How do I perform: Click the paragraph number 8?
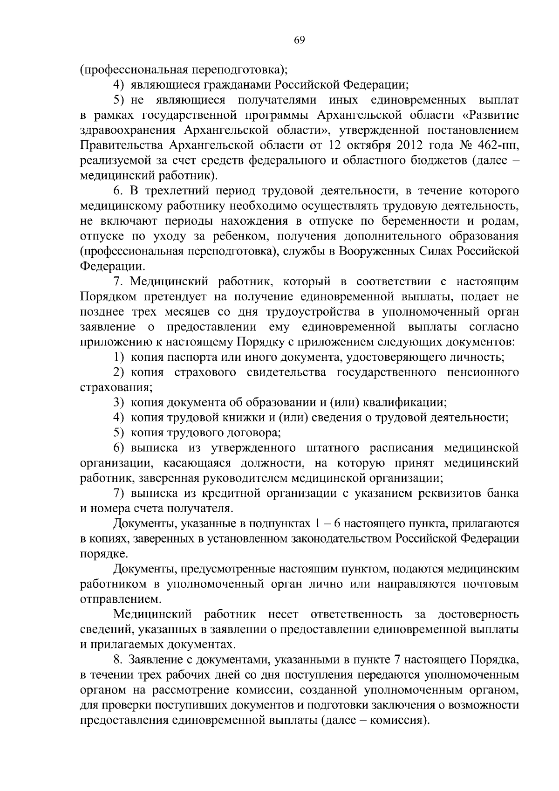coord(117,660)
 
